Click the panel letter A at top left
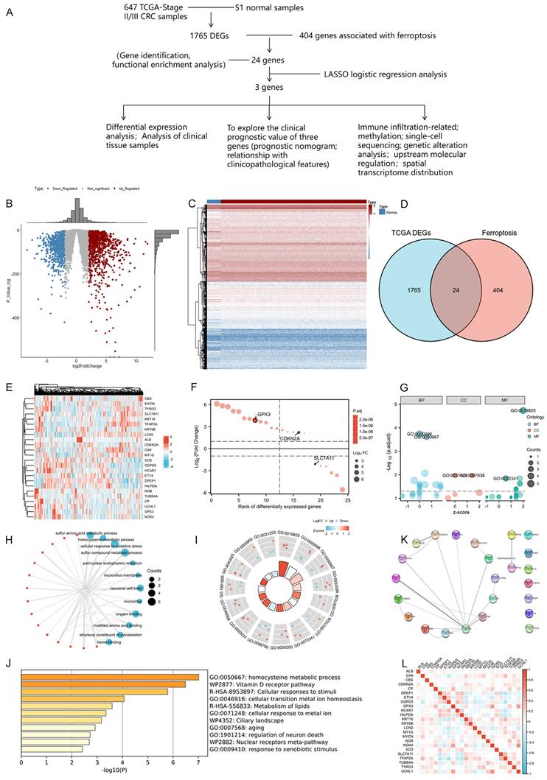[9, 12]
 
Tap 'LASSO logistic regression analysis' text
[385, 74]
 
